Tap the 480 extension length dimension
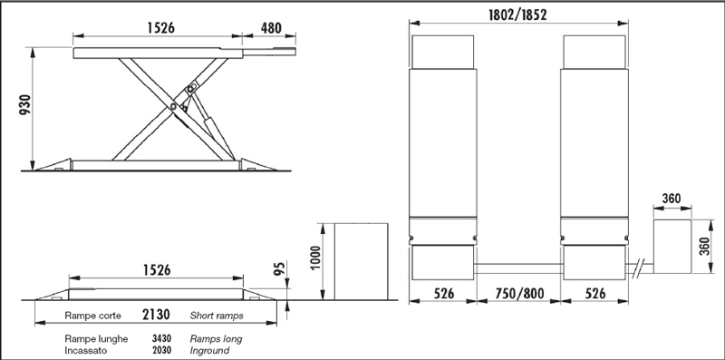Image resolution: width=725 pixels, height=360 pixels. click(271, 28)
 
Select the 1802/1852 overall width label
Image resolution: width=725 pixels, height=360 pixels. click(517, 15)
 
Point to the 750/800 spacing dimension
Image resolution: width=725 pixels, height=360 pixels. click(519, 294)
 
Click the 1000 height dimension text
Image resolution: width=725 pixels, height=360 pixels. click(314, 258)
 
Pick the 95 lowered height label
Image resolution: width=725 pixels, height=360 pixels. click(279, 268)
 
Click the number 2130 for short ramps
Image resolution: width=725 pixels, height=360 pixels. click(156, 315)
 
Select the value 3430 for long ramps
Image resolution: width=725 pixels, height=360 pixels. click(161, 339)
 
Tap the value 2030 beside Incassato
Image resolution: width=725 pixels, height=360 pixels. click(161, 350)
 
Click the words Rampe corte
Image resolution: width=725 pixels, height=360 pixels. click(93, 316)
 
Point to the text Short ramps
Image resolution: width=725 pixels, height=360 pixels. click(217, 316)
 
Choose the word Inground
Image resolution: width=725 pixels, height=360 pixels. click(209, 351)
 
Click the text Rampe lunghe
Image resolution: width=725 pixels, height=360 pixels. click(96, 339)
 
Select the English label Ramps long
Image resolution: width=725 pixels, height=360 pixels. click(216, 339)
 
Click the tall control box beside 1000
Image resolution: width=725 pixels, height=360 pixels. click(361, 261)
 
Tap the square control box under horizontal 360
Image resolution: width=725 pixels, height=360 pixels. click(672, 246)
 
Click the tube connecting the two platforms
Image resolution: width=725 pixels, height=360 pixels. click(517, 268)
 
